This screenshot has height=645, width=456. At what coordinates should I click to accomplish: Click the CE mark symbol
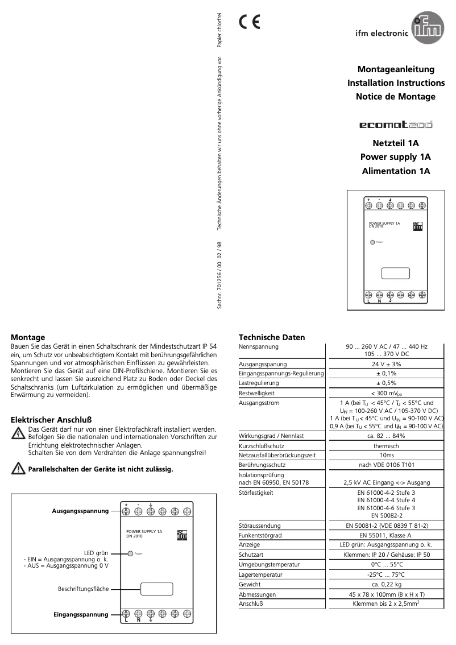(x=249, y=22)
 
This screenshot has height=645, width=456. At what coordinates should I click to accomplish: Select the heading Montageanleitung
(x=396, y=69)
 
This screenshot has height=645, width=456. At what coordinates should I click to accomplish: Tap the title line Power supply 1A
(x=395, y=157)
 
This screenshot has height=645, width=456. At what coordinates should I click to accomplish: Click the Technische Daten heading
(x=271, y=337)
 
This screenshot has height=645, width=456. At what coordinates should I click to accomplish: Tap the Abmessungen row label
(x=257, y=594)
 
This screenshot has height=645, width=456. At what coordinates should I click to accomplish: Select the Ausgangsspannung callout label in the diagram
(x=80, y=511)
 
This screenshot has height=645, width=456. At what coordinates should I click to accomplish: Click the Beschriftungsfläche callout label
(x=83, y=589)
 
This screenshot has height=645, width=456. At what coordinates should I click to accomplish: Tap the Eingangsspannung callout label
(x=81, y=614)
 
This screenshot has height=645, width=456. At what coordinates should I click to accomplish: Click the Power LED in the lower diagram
(x=131, y=553)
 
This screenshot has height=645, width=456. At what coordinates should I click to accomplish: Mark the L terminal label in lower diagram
(x=125, y=621)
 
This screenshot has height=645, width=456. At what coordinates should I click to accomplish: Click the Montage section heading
(x=28, y=337)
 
